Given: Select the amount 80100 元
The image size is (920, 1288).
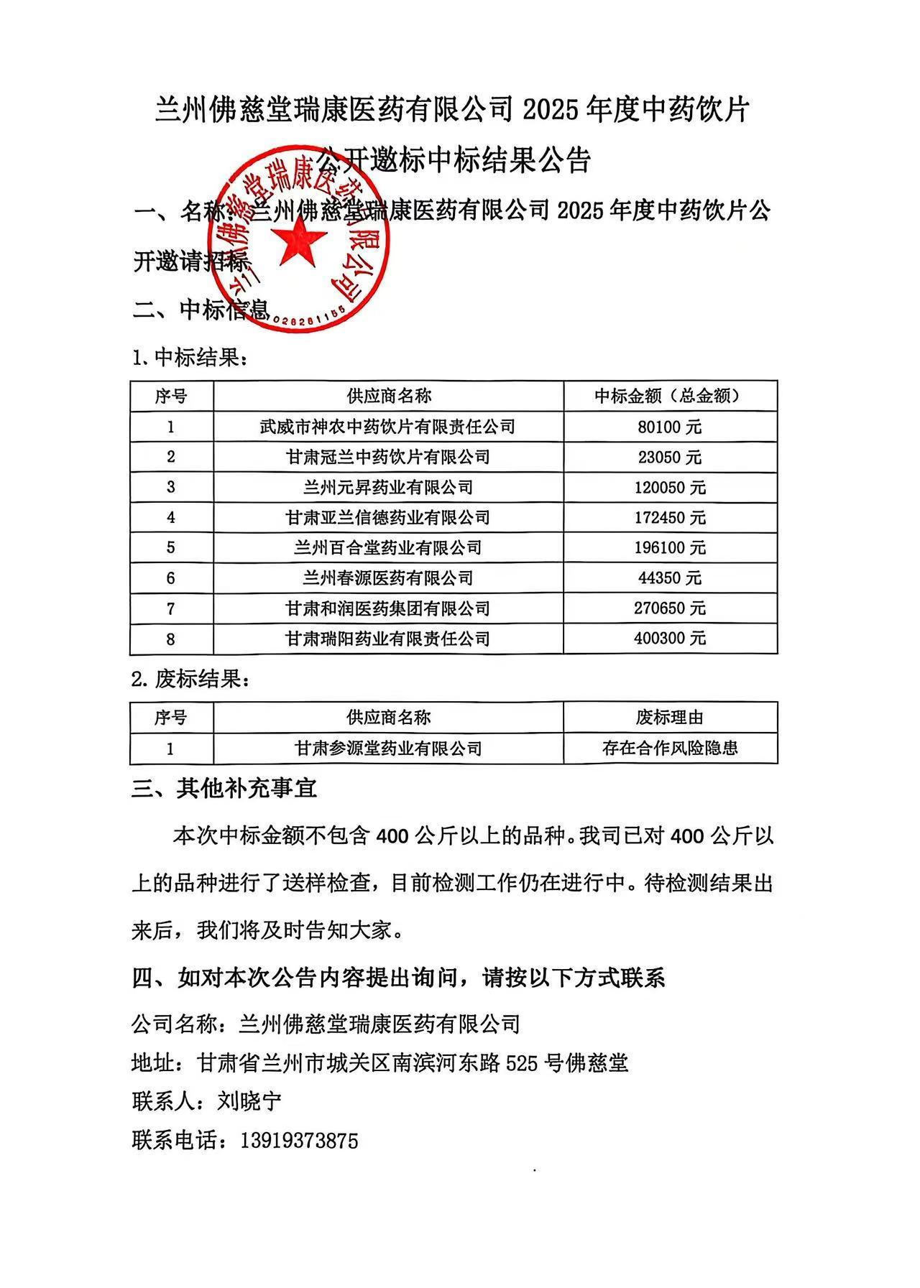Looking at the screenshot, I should tap(669, 427).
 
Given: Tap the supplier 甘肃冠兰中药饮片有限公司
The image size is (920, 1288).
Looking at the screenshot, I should tap(387, 457).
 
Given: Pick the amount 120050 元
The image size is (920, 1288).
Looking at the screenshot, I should tap(669, 488).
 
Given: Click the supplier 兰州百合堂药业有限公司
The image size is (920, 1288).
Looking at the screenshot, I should tap(387, 548).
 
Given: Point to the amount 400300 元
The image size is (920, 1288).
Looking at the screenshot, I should tap(669, 638).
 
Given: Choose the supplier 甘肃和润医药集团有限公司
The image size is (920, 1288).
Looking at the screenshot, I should tap(387, 608).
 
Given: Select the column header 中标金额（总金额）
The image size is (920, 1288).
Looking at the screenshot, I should tap(669, 396).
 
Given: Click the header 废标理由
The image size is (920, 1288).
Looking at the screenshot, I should tap(669, 717).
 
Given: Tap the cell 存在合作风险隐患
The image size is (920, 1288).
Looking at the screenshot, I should tap(669, 749).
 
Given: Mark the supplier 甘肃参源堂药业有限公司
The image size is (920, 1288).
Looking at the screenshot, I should tap(387, 749).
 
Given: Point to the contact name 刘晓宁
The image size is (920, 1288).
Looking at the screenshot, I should tap(249, 1101).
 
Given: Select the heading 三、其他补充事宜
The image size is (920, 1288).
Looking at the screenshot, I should tap(224, 789).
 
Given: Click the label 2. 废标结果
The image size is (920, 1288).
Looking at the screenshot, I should tap(190, 679).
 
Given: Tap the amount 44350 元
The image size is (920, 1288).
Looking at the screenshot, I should tap(669, 578).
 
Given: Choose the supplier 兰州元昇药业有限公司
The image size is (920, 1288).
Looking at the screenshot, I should tap(387, 488).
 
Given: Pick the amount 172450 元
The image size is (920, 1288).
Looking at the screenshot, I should tap(669, 518).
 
